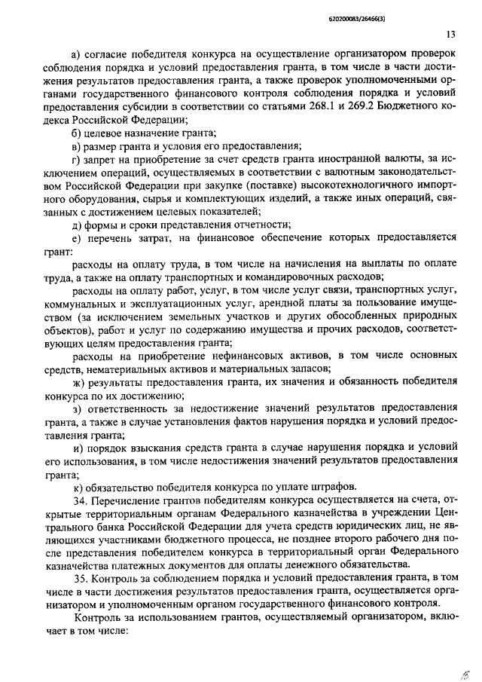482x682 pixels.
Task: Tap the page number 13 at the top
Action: [450, 35]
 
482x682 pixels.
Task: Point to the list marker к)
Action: [76, 486]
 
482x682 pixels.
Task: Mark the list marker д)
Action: [76, 224]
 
